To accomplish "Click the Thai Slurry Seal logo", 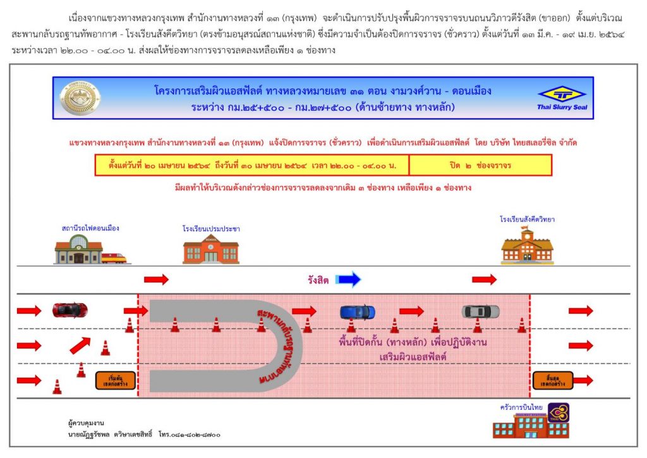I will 562,97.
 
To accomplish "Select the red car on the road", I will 70,310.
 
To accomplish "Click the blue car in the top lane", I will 357,312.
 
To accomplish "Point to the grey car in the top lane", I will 480,311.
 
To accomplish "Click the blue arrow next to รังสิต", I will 348,279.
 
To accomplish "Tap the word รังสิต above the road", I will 318,280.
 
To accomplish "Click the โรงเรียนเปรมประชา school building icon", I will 210,249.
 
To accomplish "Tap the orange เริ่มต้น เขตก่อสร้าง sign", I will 115,380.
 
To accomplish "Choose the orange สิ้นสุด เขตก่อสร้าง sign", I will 552,380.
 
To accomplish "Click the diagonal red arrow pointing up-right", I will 80,345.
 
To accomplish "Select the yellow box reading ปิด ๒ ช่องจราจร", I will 480,164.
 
